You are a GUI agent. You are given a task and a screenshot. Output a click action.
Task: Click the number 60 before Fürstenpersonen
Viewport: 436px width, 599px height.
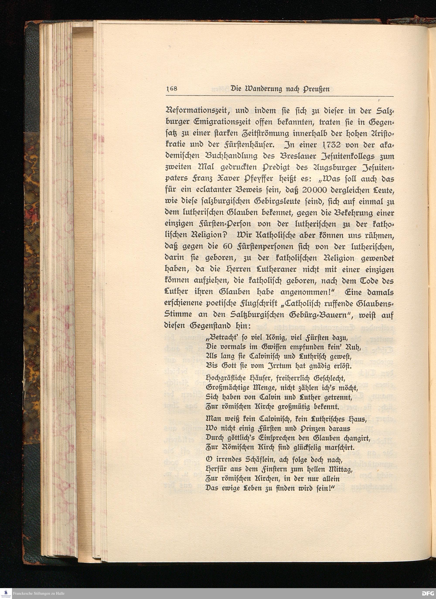point(221,247)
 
